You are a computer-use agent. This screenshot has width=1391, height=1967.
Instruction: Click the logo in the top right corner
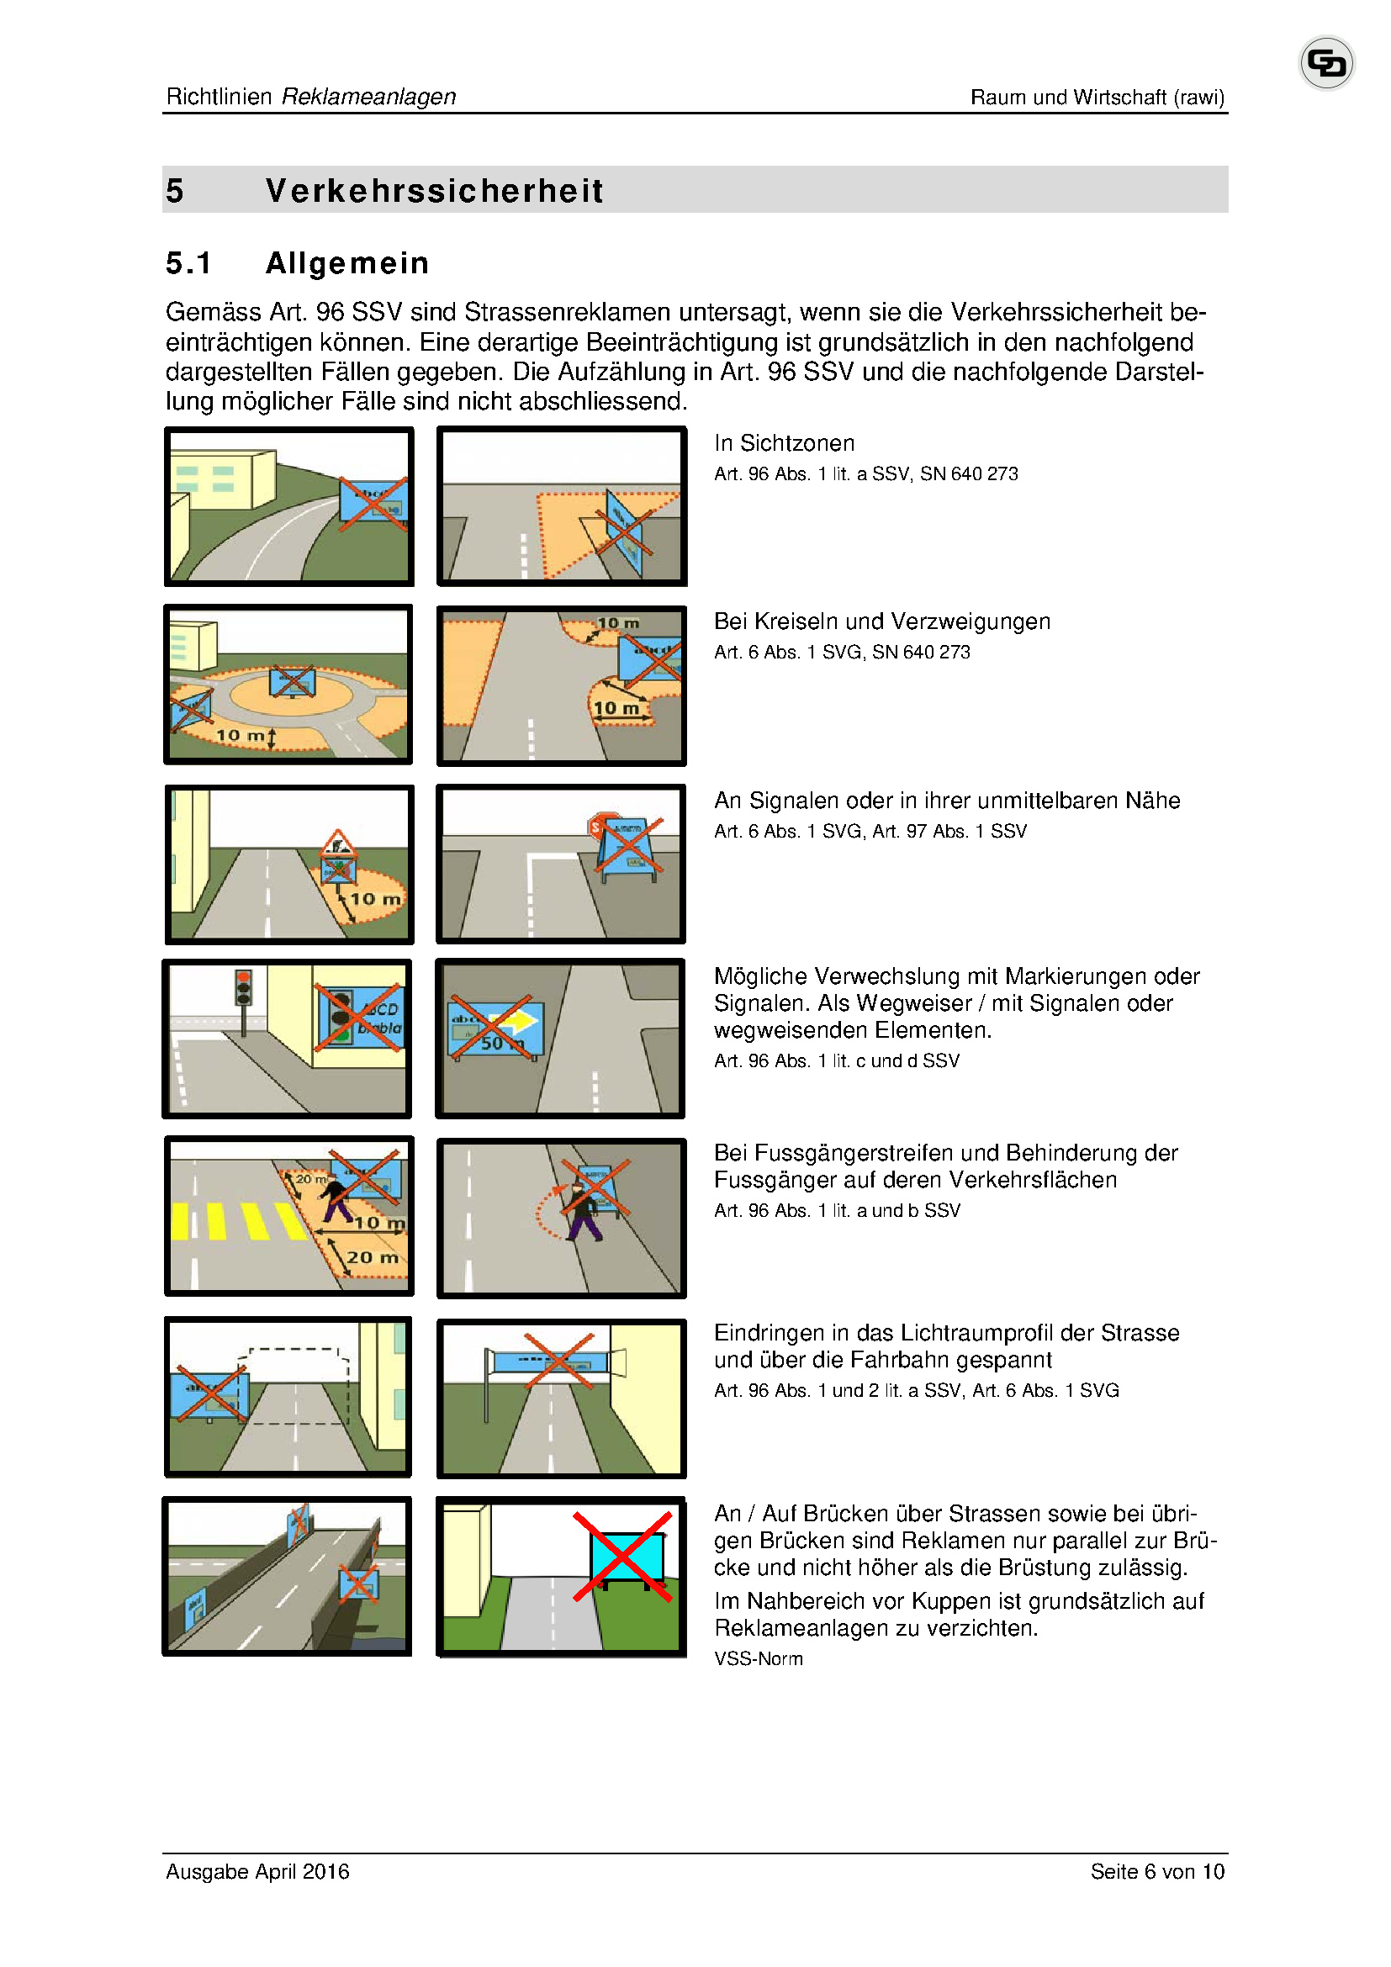[1326, 62]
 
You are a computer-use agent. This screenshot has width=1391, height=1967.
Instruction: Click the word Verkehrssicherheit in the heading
[434, 190]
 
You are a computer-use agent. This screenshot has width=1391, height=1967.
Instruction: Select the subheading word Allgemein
[346, 263]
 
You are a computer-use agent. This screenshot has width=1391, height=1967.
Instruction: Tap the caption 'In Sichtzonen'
[784, 443]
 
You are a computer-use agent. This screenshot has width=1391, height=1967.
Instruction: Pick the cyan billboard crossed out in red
[627, 1556]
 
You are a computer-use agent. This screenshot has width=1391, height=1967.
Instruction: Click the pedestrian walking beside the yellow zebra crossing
[336, 1198]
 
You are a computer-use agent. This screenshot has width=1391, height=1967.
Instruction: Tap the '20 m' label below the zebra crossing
[372, 1257]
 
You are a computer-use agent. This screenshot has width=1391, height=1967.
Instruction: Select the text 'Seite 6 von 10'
[1156, 1872]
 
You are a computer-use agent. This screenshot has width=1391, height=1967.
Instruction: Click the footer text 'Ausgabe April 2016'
[258, 1872]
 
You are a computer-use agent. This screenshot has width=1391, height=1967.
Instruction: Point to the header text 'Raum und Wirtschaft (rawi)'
[1097, 98]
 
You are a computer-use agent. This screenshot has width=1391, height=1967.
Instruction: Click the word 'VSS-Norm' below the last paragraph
[758, 1658]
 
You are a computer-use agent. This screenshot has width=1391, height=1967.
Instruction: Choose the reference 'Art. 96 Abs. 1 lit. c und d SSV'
[836, 1060]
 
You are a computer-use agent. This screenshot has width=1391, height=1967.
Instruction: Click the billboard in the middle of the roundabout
[292, 682]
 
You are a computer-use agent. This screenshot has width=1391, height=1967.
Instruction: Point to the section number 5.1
[188, 263]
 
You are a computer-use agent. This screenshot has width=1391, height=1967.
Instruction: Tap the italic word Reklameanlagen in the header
[368, 97]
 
